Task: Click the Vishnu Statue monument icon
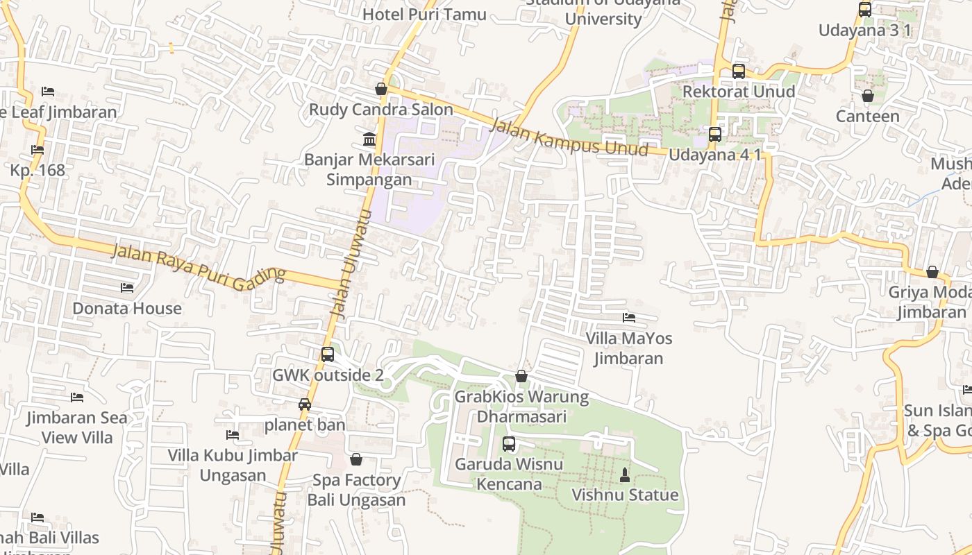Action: (x=624, y=475)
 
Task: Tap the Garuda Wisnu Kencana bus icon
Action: (x=509, y=444)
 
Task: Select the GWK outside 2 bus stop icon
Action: (x=328, y=355)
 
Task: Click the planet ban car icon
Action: (x=304, y=404)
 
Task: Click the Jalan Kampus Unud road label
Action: (x=569, y=137)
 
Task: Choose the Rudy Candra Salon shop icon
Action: (x=380, y=89)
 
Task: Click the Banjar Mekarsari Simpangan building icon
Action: (x=369, y=139)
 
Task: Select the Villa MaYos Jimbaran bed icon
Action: (x=629, y=318)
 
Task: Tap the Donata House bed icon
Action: (x=127, y=287)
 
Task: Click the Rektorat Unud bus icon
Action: (x=739, y=71)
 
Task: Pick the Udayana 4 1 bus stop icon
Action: (x=715, y=135)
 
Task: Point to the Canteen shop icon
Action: (x=867, y=96)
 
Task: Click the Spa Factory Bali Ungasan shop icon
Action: (x=356, y=459)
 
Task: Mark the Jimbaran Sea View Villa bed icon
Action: (x=77, y=397)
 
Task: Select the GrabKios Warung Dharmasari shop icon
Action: (x=521, y=376)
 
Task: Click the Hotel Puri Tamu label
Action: (x=424, y=14)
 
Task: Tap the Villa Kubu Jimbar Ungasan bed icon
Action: (x=233, y=435)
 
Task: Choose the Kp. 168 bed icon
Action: (x=37, y=150)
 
